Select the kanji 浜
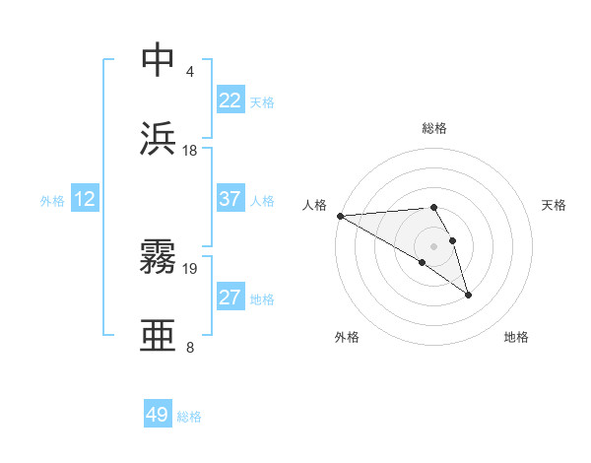click(x=159, y=141)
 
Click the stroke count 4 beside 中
click(x=189, y=72)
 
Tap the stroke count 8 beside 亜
click(x=189, y=348)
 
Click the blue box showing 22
click(x=230, y=100)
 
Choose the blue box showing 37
click(x=230, y=199)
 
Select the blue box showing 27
click(x=230, y=298)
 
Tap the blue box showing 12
click(x=85, y=199)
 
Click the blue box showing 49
click(x=158, y=415)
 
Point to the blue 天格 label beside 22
click(x=261, y=102)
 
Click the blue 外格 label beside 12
click(x=52, y=201)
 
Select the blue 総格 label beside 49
click(x=189, y=417)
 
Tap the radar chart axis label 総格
click(x=434, y=128)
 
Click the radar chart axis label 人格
click(x=314, y=205)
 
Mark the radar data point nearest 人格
click(x=340, y=216)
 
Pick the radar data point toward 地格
click(x=468, y=295)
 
